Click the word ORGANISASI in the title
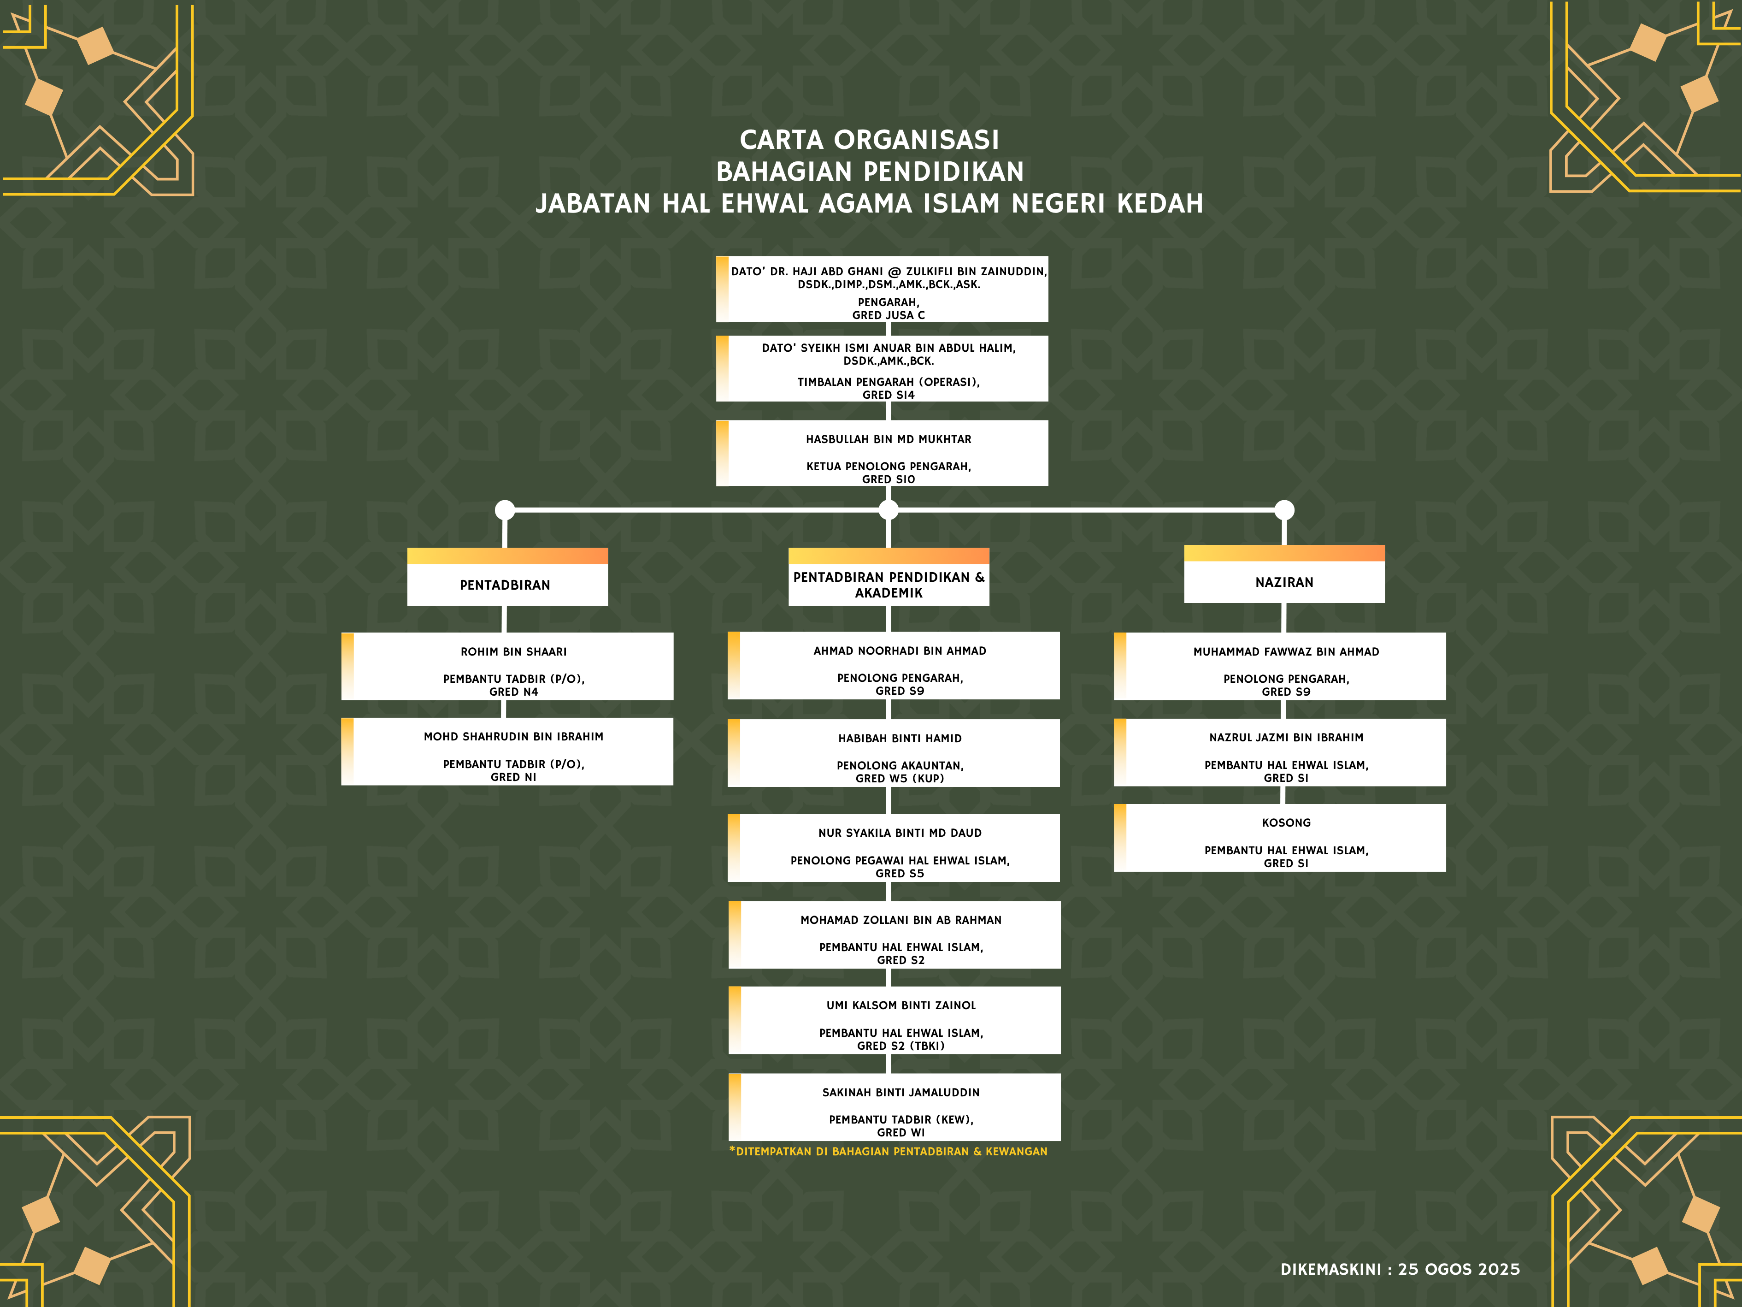[917, 140]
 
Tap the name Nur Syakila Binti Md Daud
[900, 833]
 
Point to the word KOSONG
[1286, 822]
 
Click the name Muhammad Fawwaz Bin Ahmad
[1286, 651]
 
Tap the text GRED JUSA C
[889, 315]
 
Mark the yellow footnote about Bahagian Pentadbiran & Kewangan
[889, 1152]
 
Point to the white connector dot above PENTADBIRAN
[505, 510]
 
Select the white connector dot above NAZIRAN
[1284, 510]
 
